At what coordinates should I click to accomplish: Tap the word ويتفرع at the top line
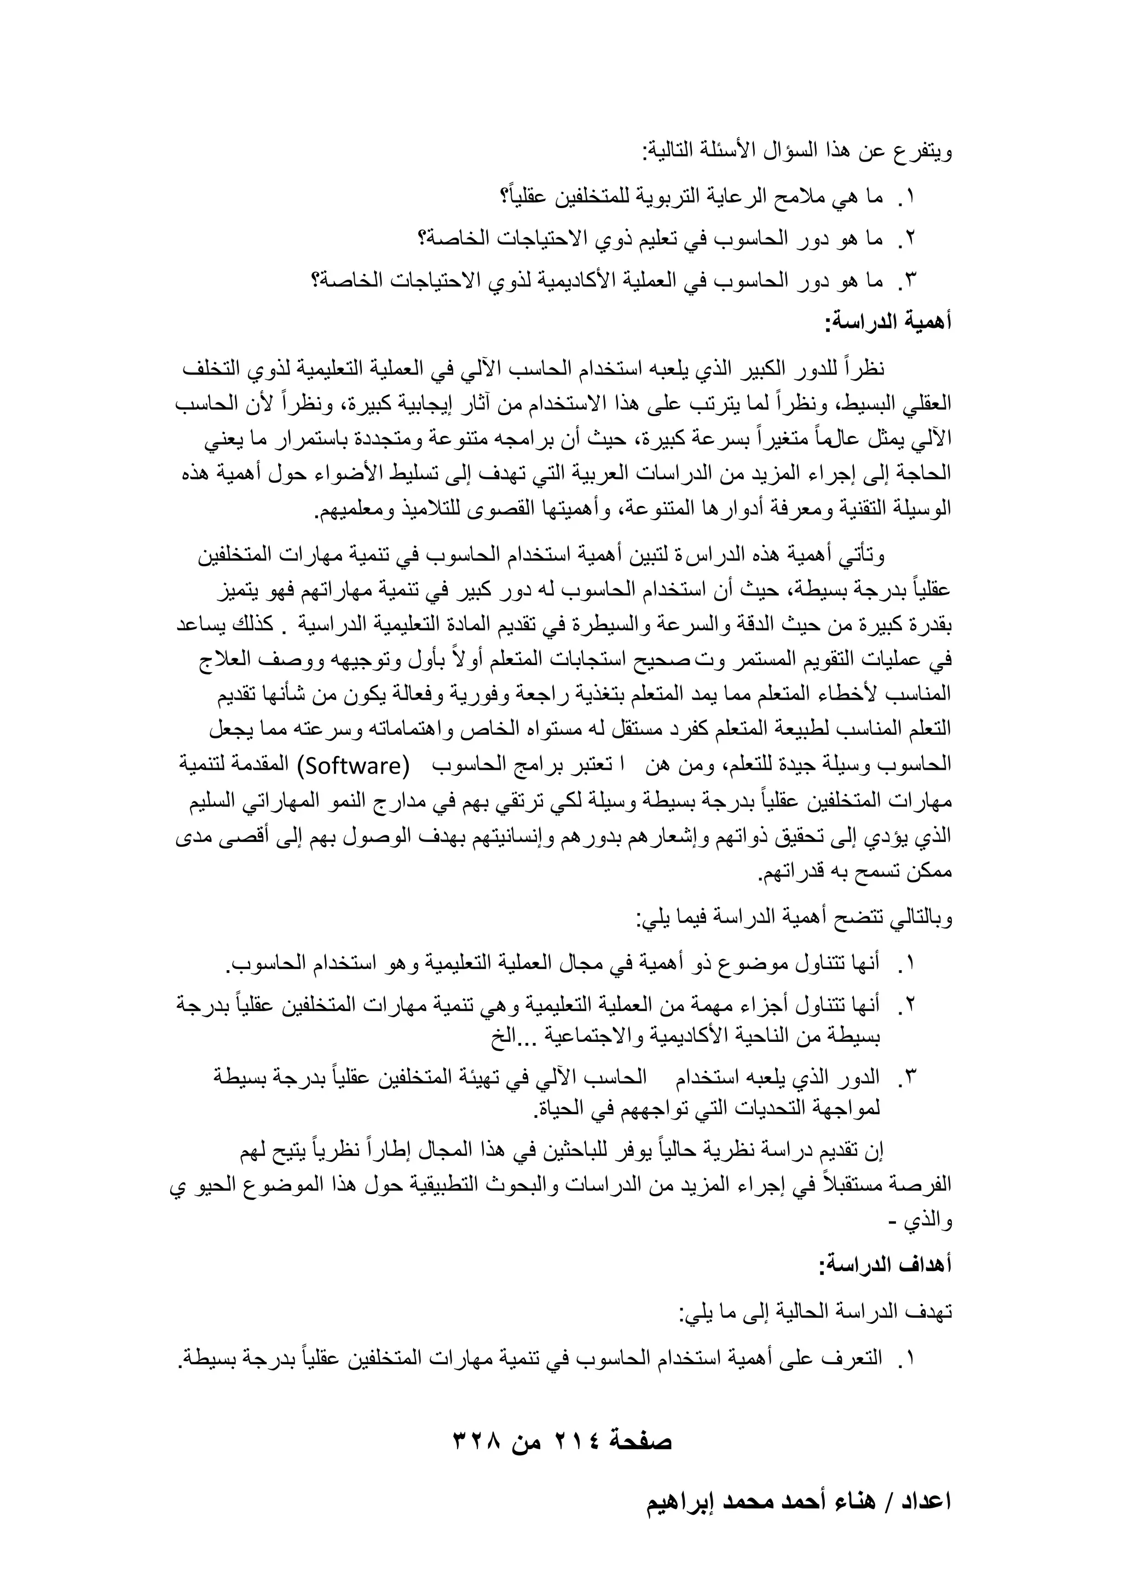coord(923,151)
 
